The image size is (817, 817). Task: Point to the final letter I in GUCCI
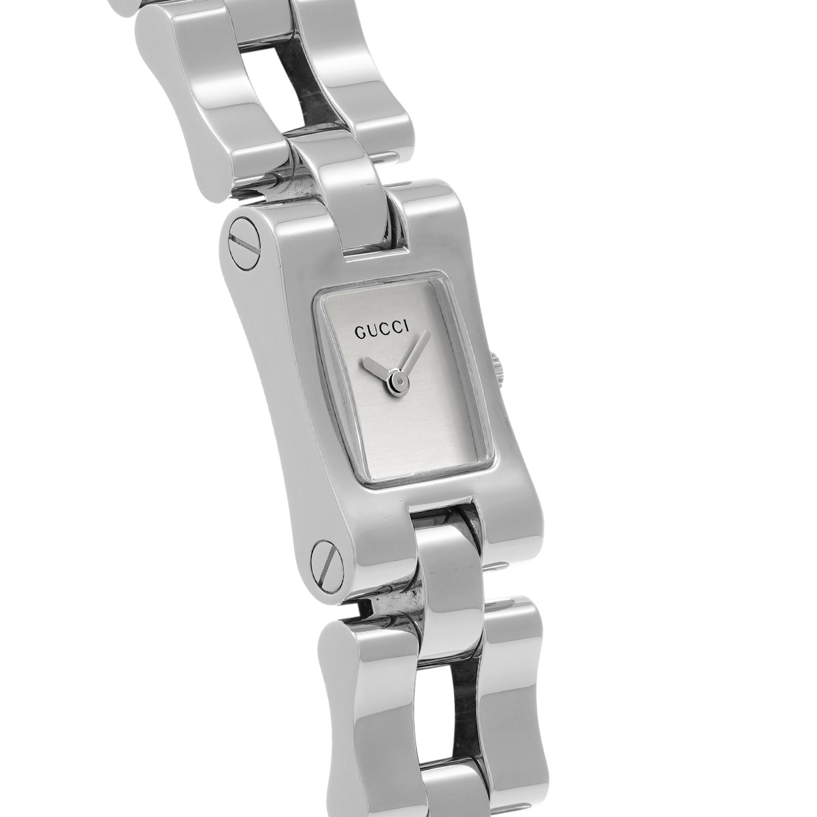[406, 339]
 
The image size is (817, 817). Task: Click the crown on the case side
[496, 374]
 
